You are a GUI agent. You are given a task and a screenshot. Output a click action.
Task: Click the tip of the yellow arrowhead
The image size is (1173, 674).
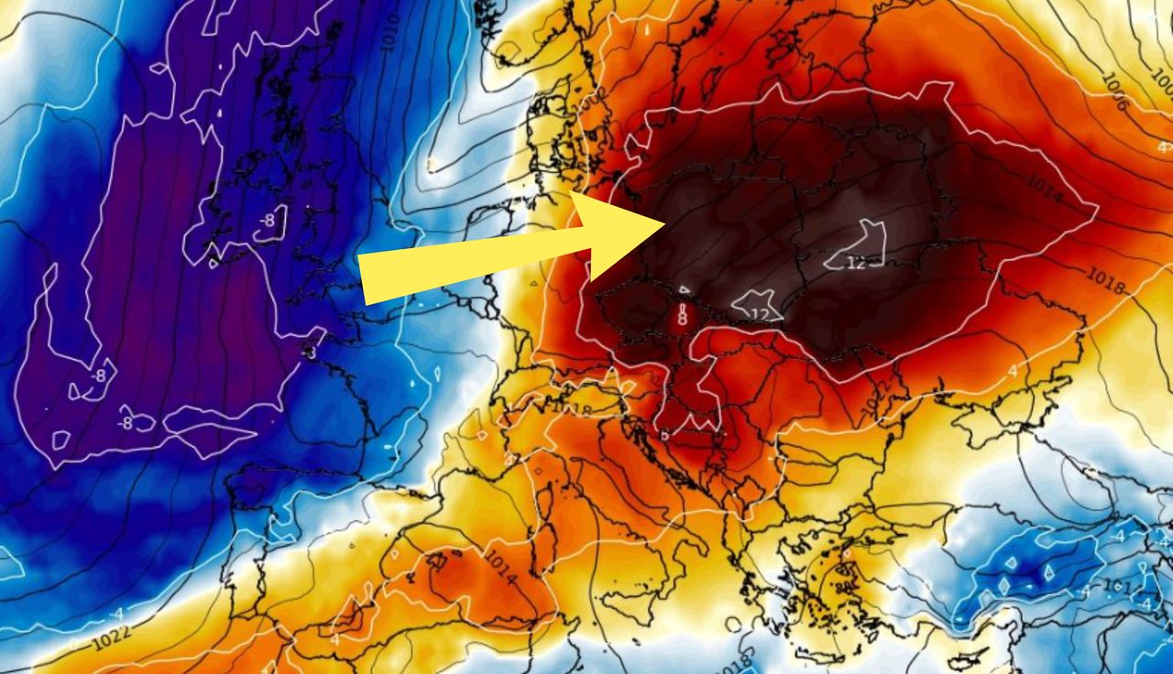665,223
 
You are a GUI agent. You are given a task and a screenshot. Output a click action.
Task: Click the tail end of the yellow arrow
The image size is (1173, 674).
364,279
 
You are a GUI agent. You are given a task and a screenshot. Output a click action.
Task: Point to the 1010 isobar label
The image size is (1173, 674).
390,33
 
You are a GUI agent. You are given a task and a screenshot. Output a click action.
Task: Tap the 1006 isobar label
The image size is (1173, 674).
1114,92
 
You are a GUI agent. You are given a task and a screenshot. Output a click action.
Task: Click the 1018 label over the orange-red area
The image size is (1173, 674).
1105,279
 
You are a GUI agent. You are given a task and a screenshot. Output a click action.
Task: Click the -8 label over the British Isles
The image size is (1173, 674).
267,221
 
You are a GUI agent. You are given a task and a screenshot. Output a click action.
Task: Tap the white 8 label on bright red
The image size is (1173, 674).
681,319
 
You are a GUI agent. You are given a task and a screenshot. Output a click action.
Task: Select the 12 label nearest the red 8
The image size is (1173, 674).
759,313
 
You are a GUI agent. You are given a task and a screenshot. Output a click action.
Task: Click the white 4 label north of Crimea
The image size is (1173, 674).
1014,370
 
